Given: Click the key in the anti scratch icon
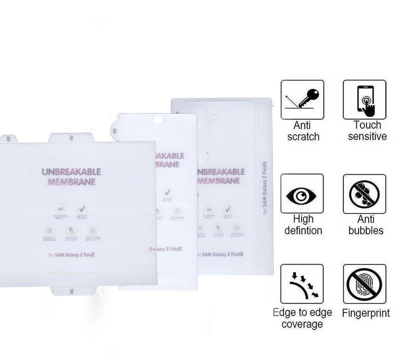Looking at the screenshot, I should point(308,97).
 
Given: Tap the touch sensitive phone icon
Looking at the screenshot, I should point(364,99).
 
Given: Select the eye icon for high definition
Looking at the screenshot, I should point(302,194).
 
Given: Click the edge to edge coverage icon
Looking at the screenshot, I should point(302,284).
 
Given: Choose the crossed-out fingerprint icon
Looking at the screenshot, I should point(364,284).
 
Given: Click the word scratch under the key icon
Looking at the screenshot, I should point(303,136).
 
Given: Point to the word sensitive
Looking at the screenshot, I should point(367,136).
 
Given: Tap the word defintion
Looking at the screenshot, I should point(303,230).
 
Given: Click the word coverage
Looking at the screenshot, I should point(302,324).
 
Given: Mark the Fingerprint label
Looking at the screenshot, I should point(366,313).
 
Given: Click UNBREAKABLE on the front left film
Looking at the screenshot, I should point(71,172).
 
